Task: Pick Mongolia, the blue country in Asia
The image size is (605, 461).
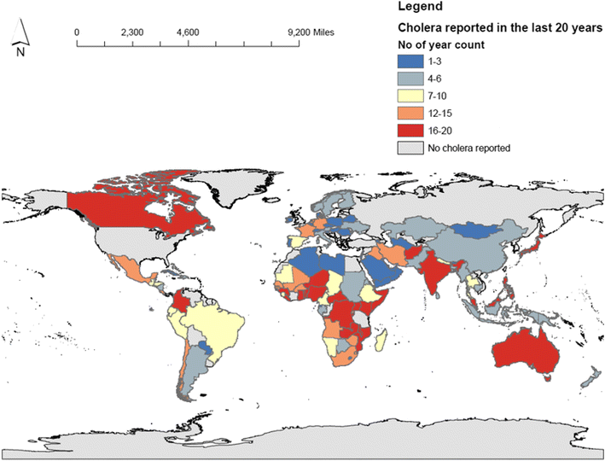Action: coord(472,229)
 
